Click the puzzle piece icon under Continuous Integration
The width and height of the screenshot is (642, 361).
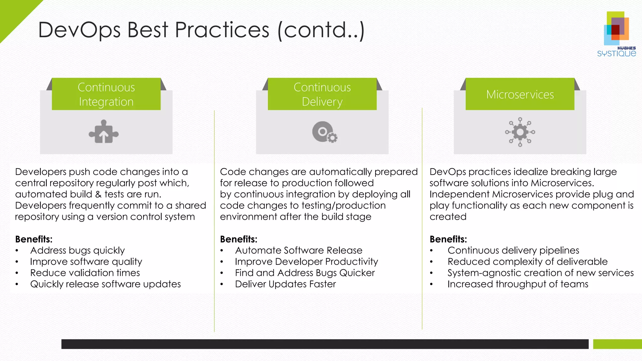point(104,132)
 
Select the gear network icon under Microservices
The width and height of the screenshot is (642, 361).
point(520,132)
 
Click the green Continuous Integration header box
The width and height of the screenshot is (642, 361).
point(106,94)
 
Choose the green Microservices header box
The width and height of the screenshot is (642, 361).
point(520,94)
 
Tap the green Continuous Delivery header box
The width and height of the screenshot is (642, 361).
point(322,94)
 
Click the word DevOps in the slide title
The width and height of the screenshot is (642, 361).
point(79,30)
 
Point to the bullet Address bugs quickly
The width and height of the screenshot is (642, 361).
point(77,250)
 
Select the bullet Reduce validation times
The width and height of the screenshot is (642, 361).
point(85,273)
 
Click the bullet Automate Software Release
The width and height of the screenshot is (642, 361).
point(298,250)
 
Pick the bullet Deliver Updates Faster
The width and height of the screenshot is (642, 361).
point(285,284)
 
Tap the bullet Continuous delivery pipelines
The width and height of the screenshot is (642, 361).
point(513,250)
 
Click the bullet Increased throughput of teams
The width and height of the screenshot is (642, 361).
point(518,284)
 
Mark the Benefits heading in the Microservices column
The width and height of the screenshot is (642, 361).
point(448,239)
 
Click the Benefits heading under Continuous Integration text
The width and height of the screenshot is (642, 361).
point(34,239)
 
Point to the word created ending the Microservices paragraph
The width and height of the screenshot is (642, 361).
point(448,217)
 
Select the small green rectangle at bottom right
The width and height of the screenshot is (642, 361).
point(617,344)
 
